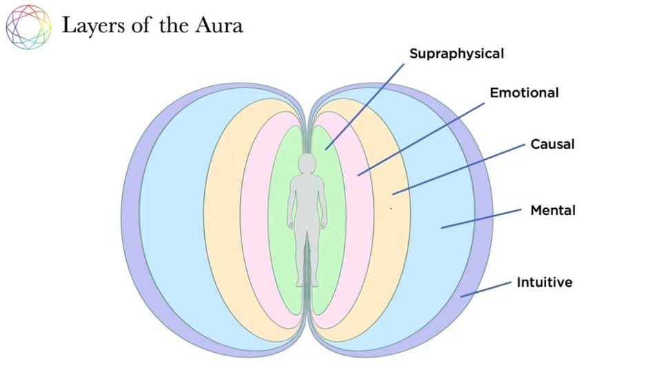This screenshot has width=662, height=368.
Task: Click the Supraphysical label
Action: pyautogui.click(x=457, y=53)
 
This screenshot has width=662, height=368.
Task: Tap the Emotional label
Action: pyautogui.click(x=524, y=92)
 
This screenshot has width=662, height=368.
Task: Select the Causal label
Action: pyautogui.click(x=552, y=144)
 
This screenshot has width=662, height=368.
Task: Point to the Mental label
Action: pyautogui.click(x=552, y=210)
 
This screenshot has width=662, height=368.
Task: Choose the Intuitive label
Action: pyautogui.click(x=544, y=282)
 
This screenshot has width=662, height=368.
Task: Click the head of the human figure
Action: pyautogui.click(x=307, y=163)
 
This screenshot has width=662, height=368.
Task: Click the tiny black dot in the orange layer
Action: pyautogui.click(x=392, y=207)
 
